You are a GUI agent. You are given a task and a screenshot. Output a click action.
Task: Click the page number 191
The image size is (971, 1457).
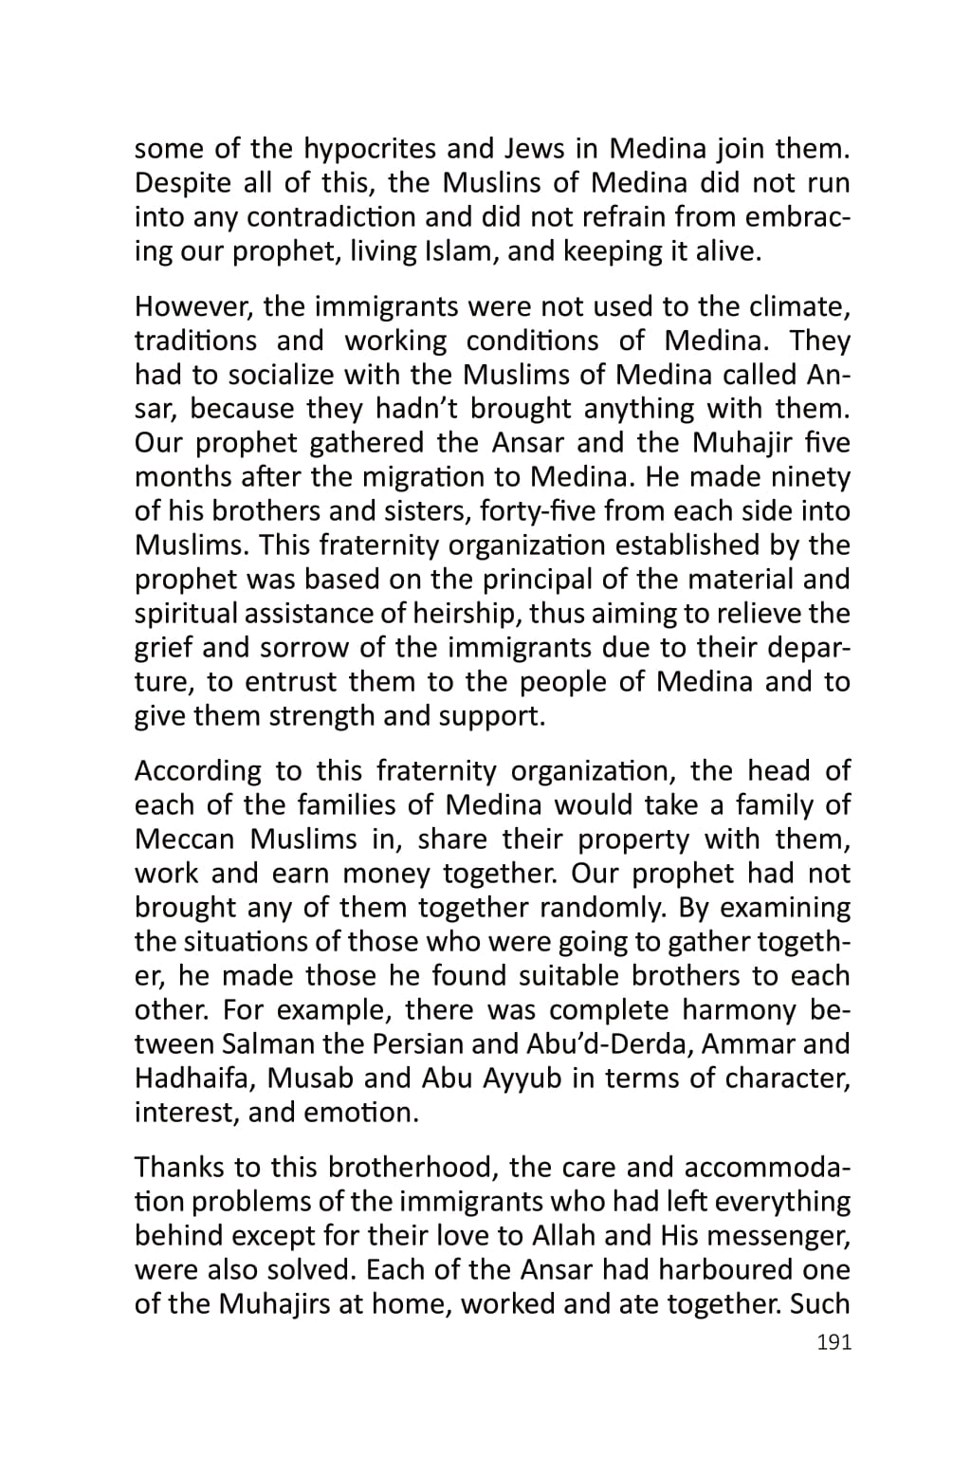click(834, 1342)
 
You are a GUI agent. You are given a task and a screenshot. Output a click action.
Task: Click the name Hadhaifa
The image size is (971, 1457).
click(193, 1079)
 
